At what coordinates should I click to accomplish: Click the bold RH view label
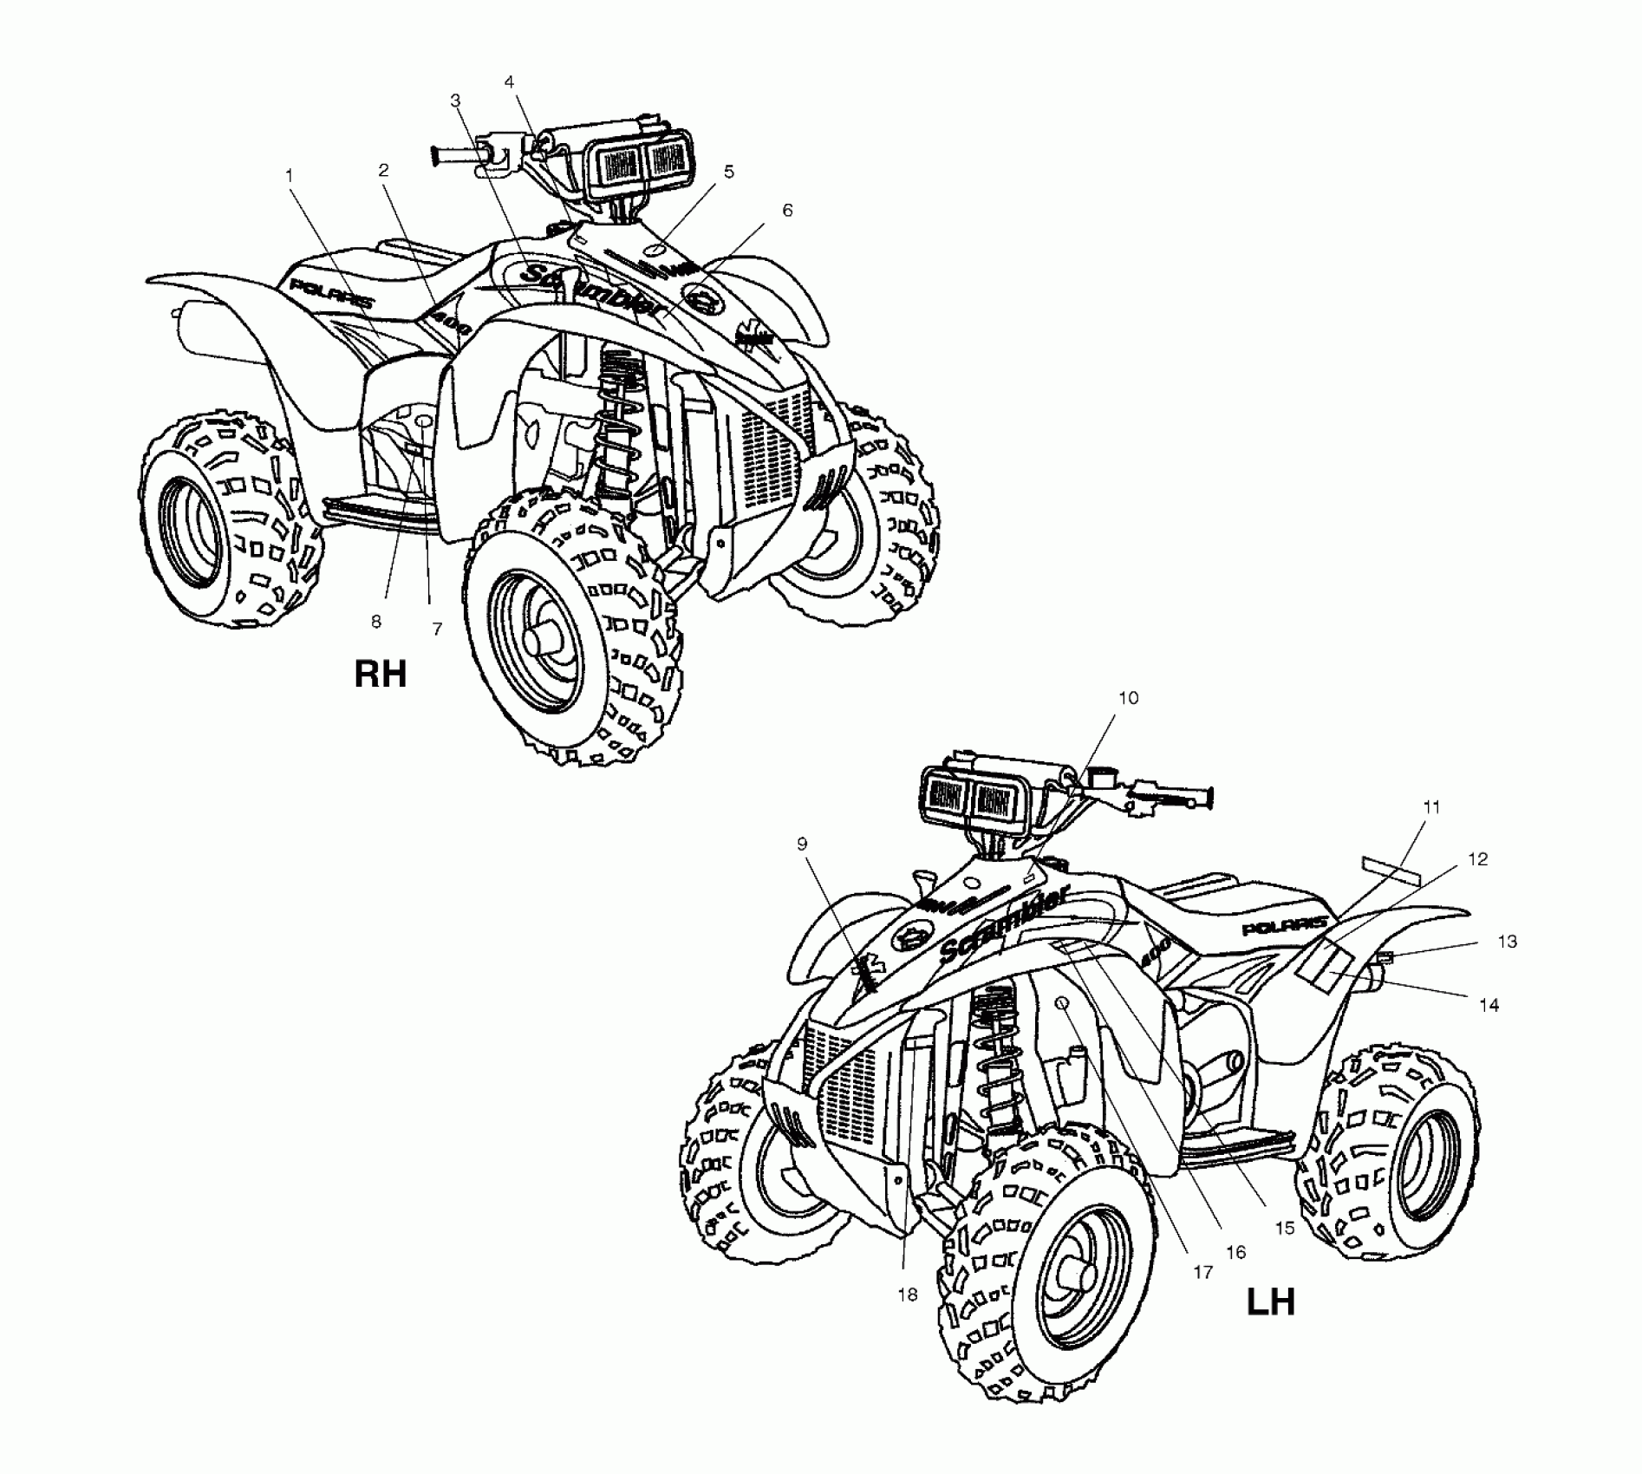click(380, 674)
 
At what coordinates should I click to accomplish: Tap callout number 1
click(290, 175)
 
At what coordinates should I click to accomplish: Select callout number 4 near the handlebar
click(510, 82)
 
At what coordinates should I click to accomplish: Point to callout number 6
click(787, 211)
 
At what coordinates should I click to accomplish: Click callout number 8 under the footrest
click(375, 622)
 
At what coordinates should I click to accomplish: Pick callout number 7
click(437, 629)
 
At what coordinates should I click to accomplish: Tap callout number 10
click(1128, 698)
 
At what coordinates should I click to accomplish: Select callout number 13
click(1507, 942)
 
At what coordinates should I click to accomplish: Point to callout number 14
click(1489, 1006)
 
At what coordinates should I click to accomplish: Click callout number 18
click(907, 1295)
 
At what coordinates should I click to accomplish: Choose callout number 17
click(1202, 1273)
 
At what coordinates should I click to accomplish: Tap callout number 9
click(802, 843)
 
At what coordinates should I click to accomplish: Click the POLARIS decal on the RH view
click(332, 294)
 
